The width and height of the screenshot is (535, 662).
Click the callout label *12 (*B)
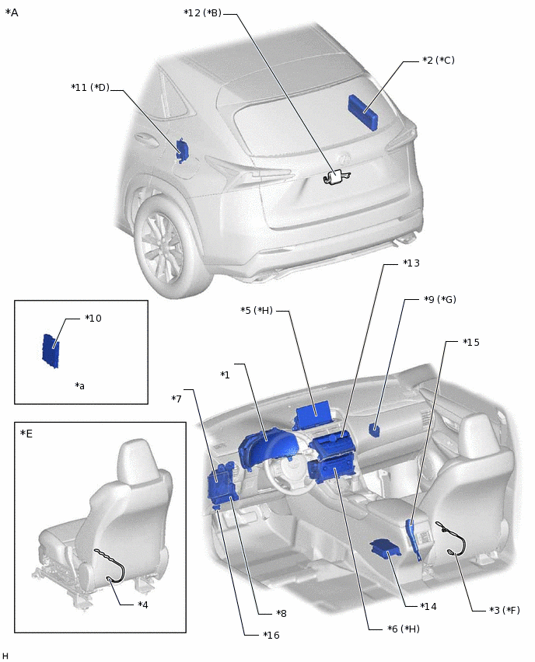click(202, 13)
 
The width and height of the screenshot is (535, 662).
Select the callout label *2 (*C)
click(438, 60)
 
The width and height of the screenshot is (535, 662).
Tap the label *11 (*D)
click(90, 88)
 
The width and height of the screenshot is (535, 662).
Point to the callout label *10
click(93, 319)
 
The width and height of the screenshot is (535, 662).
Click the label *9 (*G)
click(439, 299)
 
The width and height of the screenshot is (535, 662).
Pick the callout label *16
click(271, 635)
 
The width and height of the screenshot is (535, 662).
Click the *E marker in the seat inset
click(26, 433)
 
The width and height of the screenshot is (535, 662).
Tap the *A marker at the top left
click(12, 13)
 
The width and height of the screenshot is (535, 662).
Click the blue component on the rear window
click(363, 112)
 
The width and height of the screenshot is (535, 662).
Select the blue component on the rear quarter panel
click(181, 150)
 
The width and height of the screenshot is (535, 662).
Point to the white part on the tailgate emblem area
click(335, 178)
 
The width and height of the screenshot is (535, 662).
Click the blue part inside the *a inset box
click(51, 350)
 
